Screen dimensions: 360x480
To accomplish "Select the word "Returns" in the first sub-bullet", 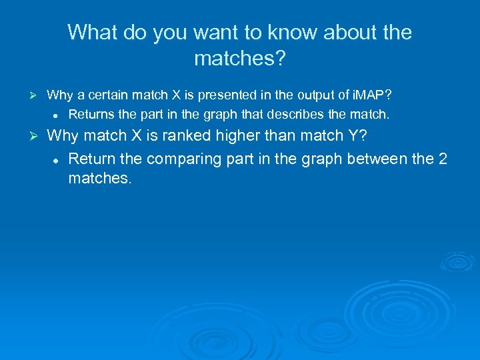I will click(x=90, y=115).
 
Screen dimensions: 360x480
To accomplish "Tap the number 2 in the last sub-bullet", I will click(x=441, y=159).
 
